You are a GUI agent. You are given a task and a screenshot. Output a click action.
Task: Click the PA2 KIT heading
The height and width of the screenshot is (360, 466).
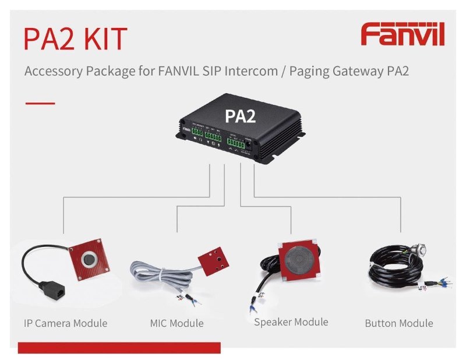75,38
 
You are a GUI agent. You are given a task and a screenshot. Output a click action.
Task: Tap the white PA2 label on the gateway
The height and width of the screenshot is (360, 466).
241,115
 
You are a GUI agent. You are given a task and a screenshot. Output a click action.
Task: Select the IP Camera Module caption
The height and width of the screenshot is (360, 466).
66,323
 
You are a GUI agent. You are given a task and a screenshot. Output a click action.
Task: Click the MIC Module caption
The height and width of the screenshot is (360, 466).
176,323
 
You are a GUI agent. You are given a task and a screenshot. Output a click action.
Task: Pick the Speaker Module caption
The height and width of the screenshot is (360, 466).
291,322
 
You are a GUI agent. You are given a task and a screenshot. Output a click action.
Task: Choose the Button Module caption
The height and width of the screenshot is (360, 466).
399,323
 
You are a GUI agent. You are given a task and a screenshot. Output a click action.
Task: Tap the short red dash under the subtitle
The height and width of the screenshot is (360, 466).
40,103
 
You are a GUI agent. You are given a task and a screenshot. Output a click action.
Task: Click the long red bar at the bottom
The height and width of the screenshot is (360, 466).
119,348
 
